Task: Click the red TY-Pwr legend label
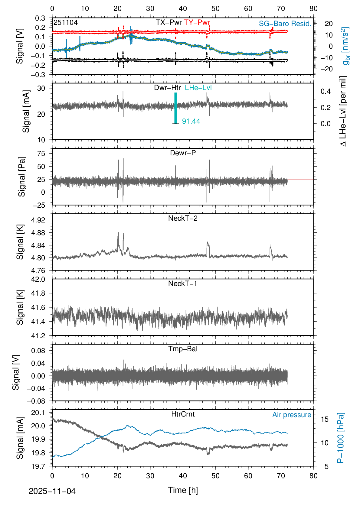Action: tap(197, 22)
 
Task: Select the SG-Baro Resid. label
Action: tap(285, 24)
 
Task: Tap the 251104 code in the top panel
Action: tap(66, 22)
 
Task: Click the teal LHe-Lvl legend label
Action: tap(198, 88)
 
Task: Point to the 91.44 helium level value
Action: tap(191, 121)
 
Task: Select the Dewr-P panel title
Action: tap(183, 153)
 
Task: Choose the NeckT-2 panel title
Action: tap(183, 218)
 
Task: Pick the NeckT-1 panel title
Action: tap(183, 284)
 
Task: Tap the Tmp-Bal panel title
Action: tap(183, 349)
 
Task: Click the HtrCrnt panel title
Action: tap(183, 414)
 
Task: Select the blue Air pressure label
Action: tap(292, 415)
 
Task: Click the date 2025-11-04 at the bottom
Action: tap(52, 491)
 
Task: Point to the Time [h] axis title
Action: tap(183, 490)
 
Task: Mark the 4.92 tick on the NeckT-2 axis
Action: tap(38, 220)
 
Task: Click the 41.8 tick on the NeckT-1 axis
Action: tap(38, 293)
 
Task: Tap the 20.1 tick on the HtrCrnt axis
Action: tap(38, 413)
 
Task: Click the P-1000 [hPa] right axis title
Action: tap(341, 438)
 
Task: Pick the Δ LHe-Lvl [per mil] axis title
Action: tap(343, 111)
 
